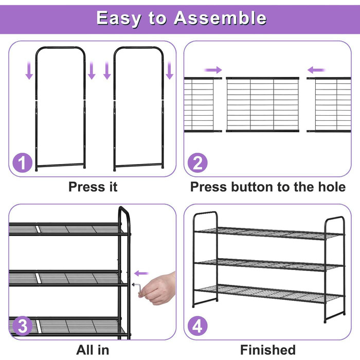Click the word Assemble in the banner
pyautogui.click(x=220, y=18)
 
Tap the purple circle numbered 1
pyautogui.click(x=22, y=163)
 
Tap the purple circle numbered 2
pyautogui.click(x=197, y=163)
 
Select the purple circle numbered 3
pyautogui.click(x=22, y=326)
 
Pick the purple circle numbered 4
pyautogui.click(x=197, y=326)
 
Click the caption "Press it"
pyautogui.click(x=93, y=187)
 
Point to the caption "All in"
pyautogui.click(x=93, y=350)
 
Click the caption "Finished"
pyautogui.click(x=268, y=350)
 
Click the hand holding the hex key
pyautogui.click(x=158, y=288)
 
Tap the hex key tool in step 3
pyautogui.click(x=137, y=288)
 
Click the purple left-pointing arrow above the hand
pyautogui.click(x=141, y=273)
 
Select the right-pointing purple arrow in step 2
pyautogui.click(x=213, y=70)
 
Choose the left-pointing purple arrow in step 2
pyautogui.click(x=316, y=70)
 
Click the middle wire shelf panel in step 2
pyautogui.click(x=262, y=105)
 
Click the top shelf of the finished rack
pyautogui.click(x=268, y=233)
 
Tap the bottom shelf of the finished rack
pyautogui.click(x=268, y=294)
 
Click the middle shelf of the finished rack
pyautogui.click(x=268, y=265)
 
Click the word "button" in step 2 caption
pyautogui.click(x=252, y=187)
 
